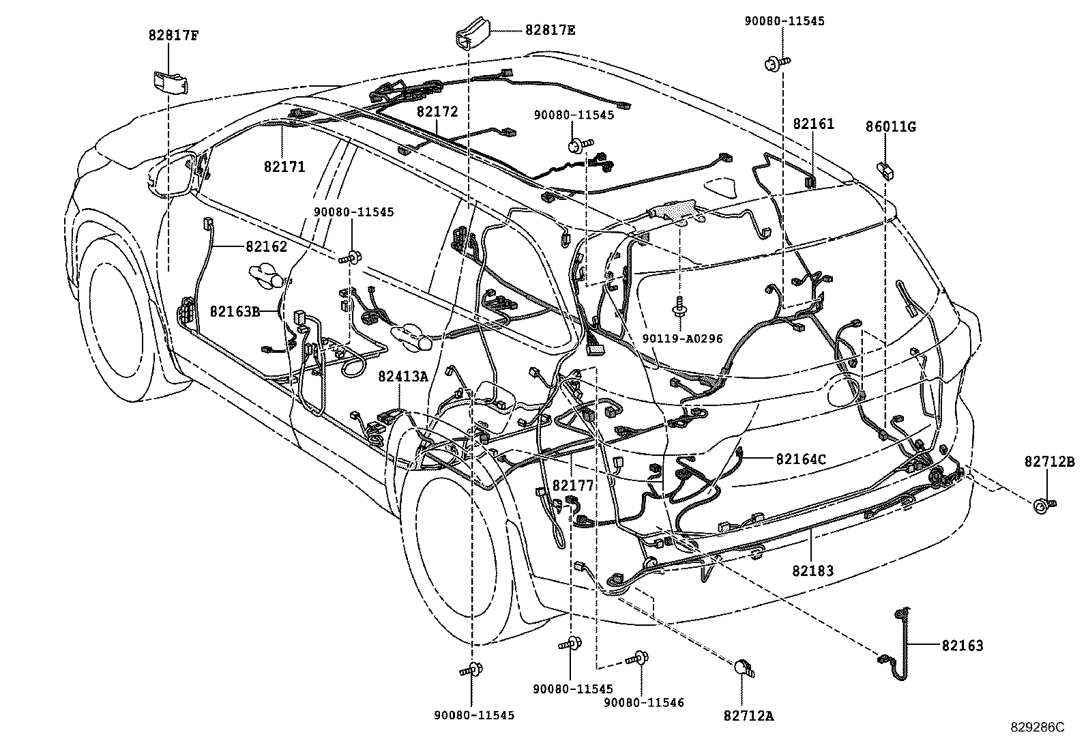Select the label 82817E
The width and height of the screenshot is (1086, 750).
click(x=550, y=30)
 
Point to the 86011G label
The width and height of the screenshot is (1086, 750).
click(x=890, y=126)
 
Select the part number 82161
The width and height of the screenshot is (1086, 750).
click(x=813, y=124)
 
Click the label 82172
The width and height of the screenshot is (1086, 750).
click(x=437, y=112)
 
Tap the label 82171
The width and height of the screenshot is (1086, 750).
click(x=284, y=167)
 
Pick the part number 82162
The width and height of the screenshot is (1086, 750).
click(x=267, y=246)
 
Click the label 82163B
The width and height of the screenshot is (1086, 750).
click(x=235, y=311)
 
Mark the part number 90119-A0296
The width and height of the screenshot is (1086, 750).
click(x=682, y=338)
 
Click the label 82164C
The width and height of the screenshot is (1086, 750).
click(x=800, y=459)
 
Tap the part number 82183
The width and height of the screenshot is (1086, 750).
click(x=813, y=570)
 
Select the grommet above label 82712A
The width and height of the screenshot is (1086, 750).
click(x=744, y=669)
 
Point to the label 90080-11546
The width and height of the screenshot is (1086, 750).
click(x=644, y=702)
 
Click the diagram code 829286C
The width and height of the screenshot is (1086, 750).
click(x=1037, y=727)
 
